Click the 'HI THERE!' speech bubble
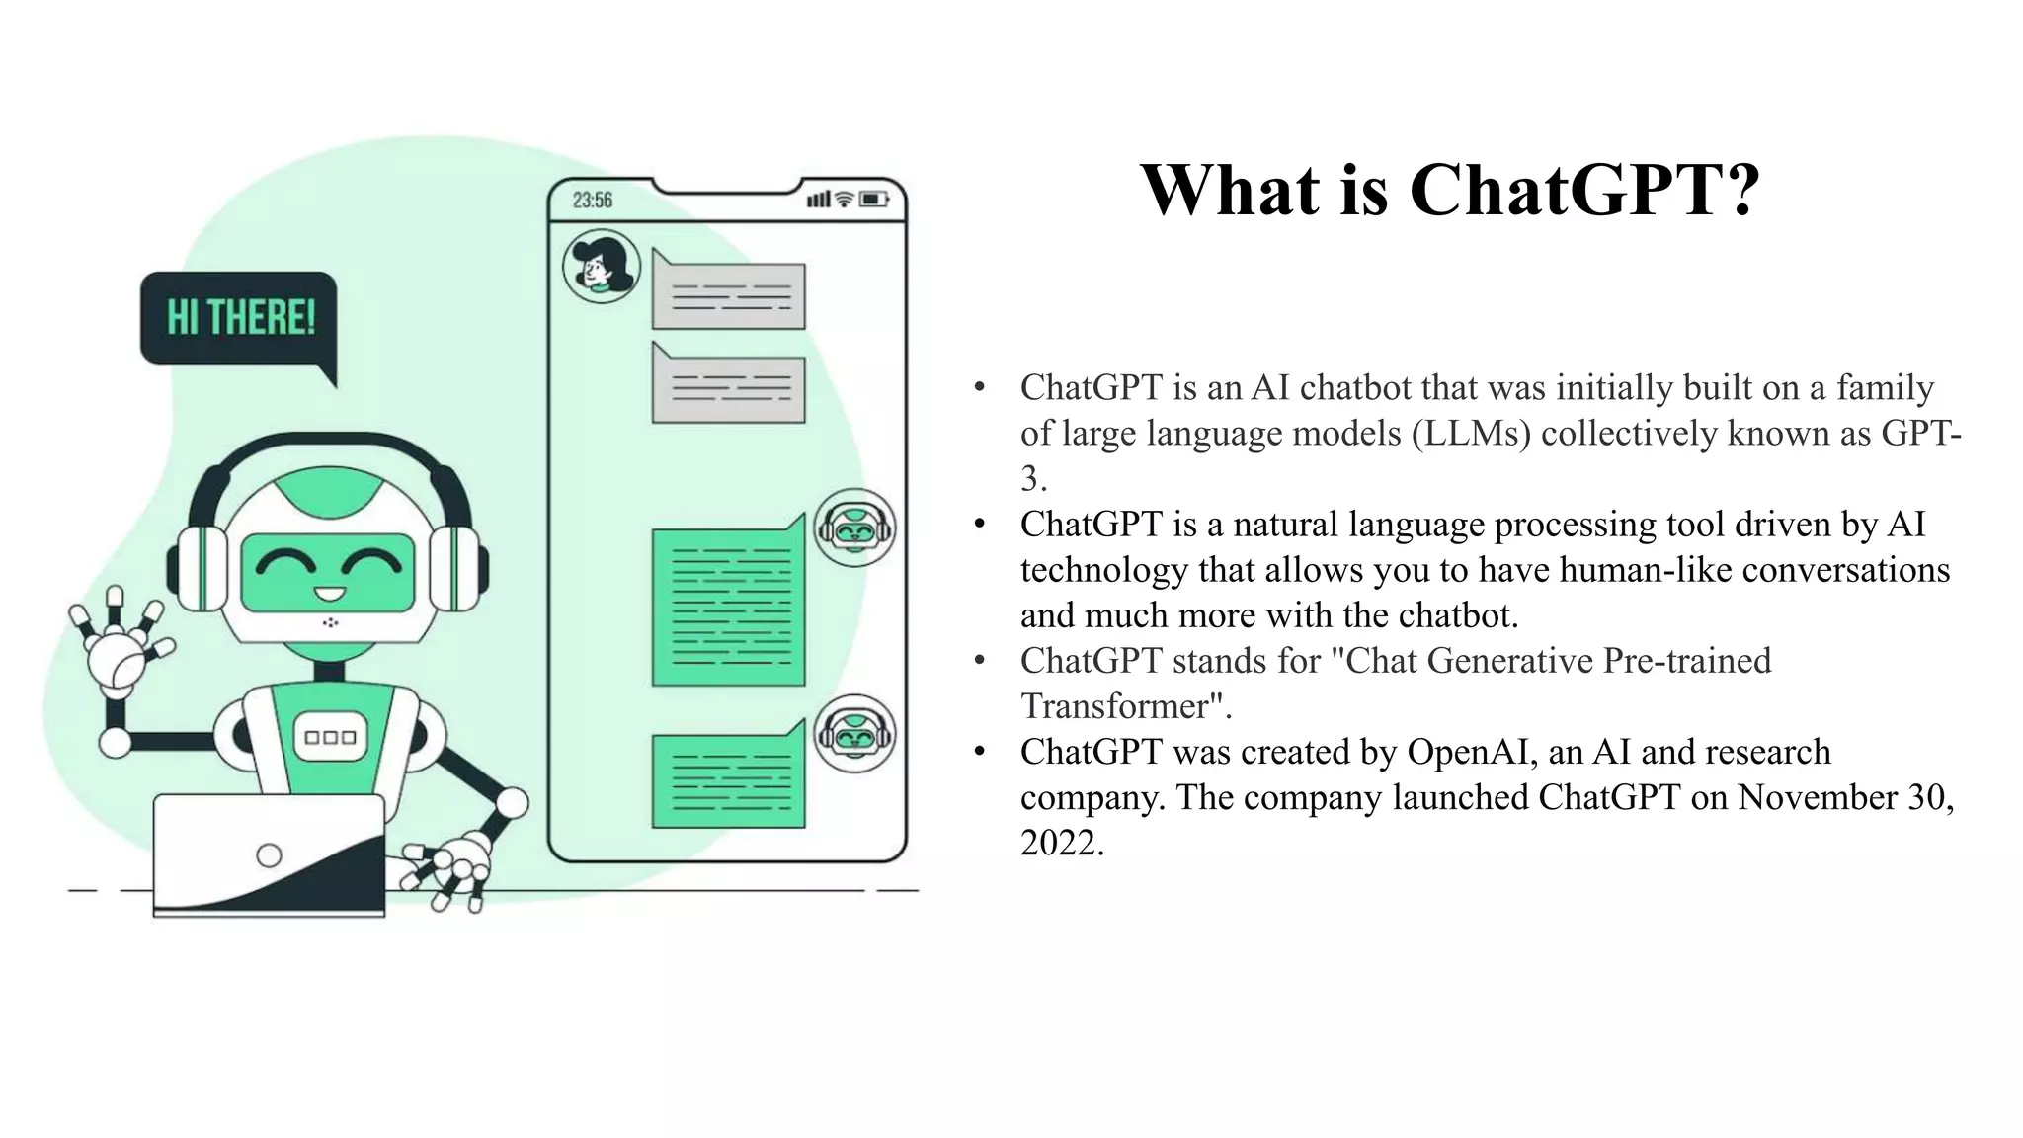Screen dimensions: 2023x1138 click(239, 318)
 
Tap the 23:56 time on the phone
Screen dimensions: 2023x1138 click(593, 201)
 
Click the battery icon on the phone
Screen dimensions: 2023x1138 click(874, 200)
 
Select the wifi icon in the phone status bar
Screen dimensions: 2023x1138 click(844, 200)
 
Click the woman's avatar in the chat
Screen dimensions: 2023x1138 click(601, 266)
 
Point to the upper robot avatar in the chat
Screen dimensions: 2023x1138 click(854, 528)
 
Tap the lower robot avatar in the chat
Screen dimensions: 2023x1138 click(854, 734)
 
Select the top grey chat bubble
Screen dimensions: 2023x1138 click(728, 293)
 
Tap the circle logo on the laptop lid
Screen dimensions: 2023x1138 click(269, 855)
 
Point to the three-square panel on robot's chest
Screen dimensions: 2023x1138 click(330, 738)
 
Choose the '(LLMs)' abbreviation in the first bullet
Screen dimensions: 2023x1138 click(1471, 434)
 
